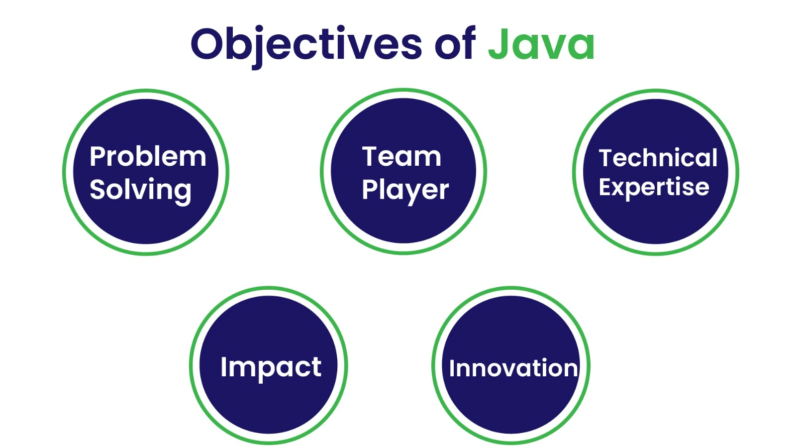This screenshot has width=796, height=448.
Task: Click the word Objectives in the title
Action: (x=306, y=47)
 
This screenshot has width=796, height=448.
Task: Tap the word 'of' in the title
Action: (x=455, y=43)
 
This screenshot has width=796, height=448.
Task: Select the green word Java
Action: (x=541, y=43)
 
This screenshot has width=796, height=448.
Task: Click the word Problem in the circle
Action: (x=148, y=156)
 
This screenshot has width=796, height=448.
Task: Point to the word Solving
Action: (x=140, y=190)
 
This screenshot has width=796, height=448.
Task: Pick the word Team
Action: (x=401, y=156)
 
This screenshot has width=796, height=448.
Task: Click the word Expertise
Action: (x=654, y=187)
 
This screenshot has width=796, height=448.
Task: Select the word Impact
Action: (x=271, y=368)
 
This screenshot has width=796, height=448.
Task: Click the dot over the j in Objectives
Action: (x=259, y=29)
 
